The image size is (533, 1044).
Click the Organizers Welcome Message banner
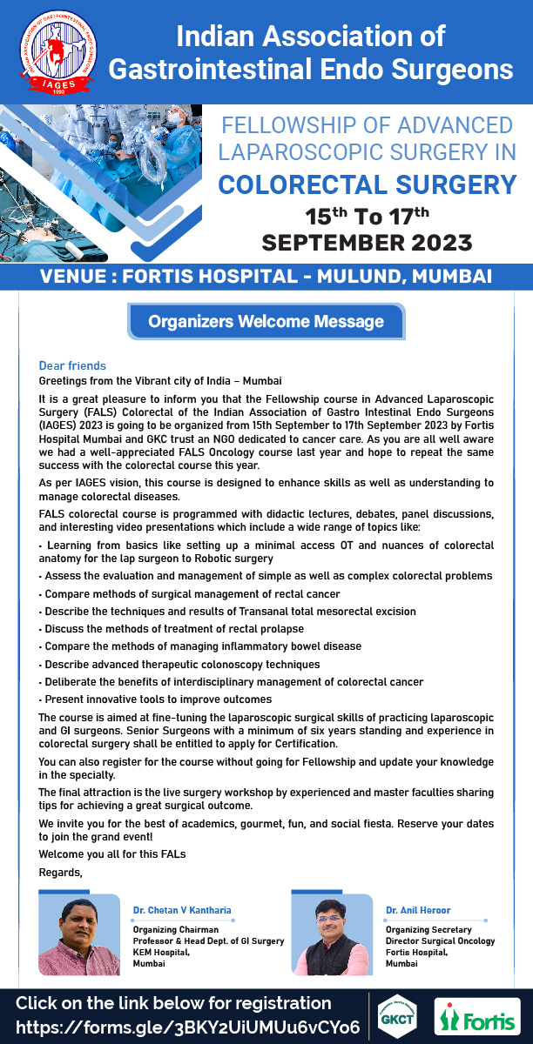pos(266,322)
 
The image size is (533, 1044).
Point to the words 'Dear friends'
pos(72,366)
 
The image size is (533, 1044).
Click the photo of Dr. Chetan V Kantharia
pos(79,936)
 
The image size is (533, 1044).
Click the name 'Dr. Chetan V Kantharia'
pos(182,910)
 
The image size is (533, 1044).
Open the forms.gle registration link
pos(187,1027)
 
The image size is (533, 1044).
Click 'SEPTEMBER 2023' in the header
pos(367,241)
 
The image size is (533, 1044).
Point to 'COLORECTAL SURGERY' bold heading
pos(367,184)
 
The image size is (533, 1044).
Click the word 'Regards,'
pos(60,871)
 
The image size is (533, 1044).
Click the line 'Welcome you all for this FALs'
pos(112,853)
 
